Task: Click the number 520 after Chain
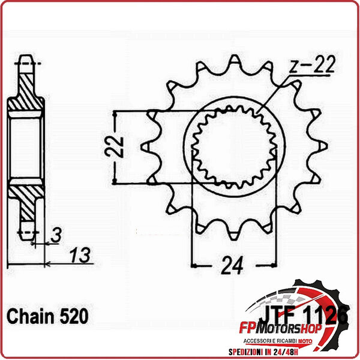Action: click(x=73, y=315)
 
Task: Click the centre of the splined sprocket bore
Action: click(x=235, y=146)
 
